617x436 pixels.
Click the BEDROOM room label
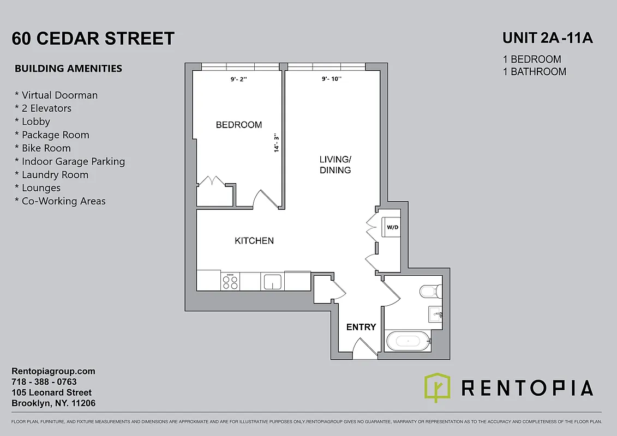239,125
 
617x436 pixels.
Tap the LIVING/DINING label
335,165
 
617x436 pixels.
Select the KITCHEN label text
254,240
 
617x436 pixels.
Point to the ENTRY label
361,327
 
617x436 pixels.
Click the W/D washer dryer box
392,227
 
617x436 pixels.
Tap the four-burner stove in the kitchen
230,281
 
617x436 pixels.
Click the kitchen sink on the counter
272,282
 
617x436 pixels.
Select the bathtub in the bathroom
407,342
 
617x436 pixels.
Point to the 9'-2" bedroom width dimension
238,79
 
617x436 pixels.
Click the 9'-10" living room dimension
331,79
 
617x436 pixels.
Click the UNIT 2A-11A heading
547,39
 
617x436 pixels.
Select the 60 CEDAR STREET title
93,39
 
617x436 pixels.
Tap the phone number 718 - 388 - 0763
44,381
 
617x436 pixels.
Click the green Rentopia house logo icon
437,387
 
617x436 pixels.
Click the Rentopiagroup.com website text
53,371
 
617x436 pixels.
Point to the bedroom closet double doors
209,181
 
